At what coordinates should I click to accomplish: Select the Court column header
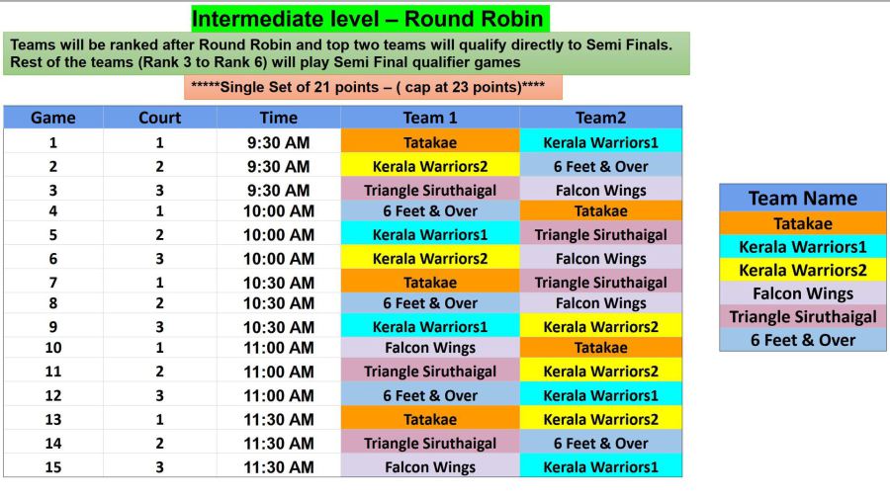coord(159,118)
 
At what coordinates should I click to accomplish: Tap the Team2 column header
coord(600,118)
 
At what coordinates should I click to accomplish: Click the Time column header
coord(278,118)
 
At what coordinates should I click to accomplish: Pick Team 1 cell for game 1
coord(430,142)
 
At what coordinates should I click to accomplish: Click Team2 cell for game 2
coord(600,166)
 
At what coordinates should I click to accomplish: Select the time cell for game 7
coord(278,283)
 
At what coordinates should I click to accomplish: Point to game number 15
coord(52,466)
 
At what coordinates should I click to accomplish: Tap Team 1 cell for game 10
coord(430,348)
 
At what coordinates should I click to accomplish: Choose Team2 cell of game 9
coord(600,327)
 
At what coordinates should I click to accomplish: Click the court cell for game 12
coord(159,395)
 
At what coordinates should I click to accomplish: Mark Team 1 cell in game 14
coord(430,443)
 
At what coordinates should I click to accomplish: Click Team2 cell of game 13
coord(600,419)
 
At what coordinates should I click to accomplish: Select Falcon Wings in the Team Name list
coord(803,293)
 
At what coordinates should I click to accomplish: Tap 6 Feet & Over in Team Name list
coord(803,340)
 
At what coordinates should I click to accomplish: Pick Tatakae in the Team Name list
coord(803,223)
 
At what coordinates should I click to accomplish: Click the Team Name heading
coord(803,198)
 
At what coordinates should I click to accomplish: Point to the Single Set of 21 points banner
coord(373,87)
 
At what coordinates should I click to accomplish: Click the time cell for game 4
coord(278,211)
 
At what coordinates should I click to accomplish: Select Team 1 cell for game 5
coord(430,235)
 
